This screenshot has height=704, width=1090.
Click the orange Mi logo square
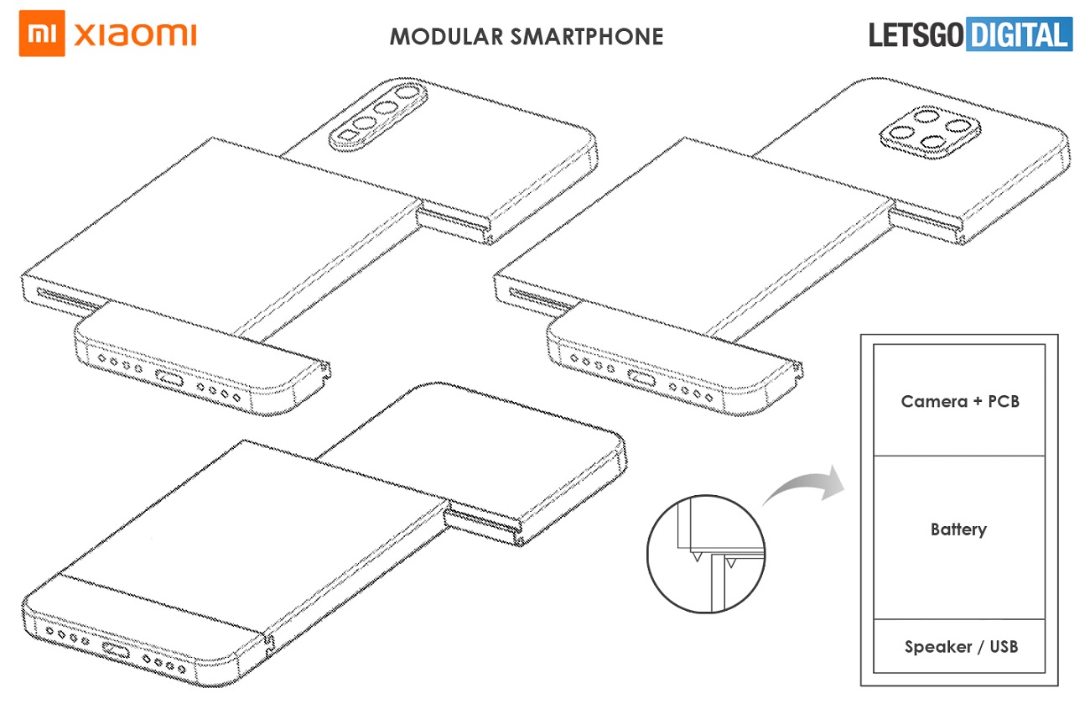click(42, 35)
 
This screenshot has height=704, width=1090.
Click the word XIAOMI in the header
click(135, 35)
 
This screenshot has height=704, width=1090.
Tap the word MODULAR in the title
click(445, 37)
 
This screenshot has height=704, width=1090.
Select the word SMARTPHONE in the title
click(586, 37)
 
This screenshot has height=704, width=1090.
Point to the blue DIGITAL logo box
click(1019, 35)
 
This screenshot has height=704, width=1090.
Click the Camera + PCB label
click(960, 401)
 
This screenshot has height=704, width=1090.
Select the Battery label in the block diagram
click(958, 529)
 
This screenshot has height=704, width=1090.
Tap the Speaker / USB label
click(961, 646)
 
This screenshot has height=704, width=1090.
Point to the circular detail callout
click(706, 554)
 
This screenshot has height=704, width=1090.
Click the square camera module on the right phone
click(923, 133)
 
